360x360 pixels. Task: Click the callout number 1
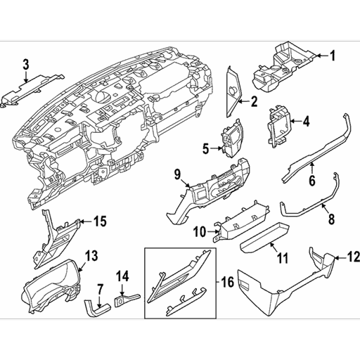click(x=333, y=56)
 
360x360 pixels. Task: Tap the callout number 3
click(x=26, y=65)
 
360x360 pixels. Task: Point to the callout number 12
click(x=353, y=257)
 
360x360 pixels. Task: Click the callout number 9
click(x=177, y=174)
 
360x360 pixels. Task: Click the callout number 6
click(x=311, y=180)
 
